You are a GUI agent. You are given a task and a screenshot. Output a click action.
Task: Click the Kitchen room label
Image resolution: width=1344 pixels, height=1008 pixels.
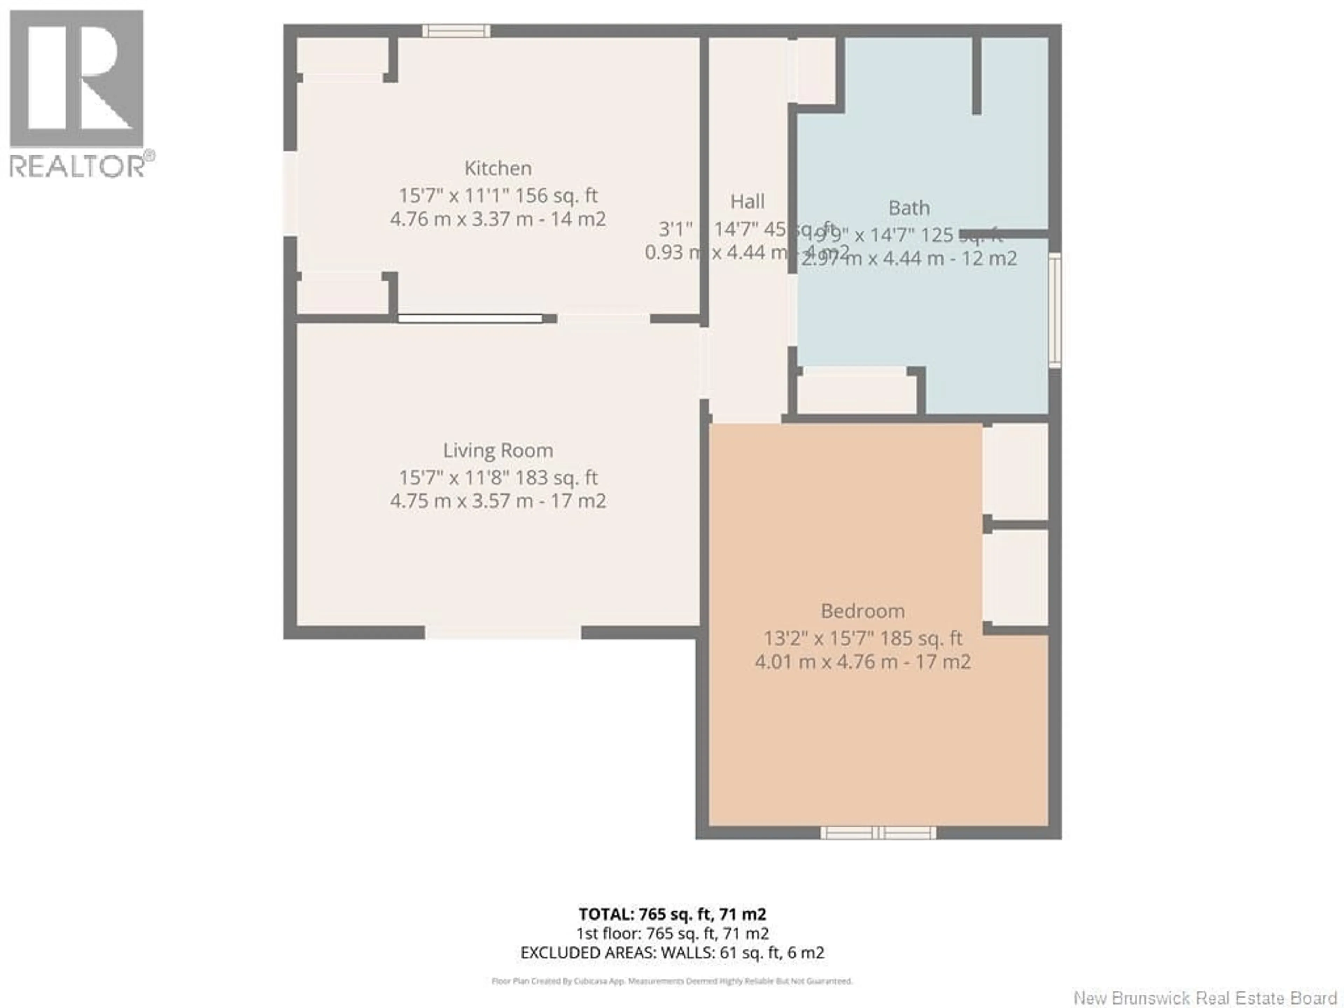(498, 168)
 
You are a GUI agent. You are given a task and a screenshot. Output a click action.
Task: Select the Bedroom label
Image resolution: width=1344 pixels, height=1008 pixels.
(862, 611)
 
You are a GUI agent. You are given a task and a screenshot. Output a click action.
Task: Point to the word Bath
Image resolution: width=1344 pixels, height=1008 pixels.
(909, 208)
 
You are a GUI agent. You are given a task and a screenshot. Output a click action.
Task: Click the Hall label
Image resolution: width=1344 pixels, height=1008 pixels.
(747, 201)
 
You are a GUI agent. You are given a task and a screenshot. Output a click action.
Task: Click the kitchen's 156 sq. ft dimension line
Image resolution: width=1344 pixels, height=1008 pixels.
(498, 196)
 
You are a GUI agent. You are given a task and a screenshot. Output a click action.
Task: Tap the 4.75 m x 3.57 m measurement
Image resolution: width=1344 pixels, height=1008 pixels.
(498, 501)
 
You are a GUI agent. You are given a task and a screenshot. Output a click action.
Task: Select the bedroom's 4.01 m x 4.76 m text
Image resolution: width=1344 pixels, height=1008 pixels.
(862, 661)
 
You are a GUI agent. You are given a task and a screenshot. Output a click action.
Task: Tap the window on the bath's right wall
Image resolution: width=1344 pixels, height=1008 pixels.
(1055, 310)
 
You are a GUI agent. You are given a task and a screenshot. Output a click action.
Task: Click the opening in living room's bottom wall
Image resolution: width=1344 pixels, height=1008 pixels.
(503, 632)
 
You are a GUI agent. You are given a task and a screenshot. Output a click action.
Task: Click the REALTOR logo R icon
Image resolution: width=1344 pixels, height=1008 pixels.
(77, 79)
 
